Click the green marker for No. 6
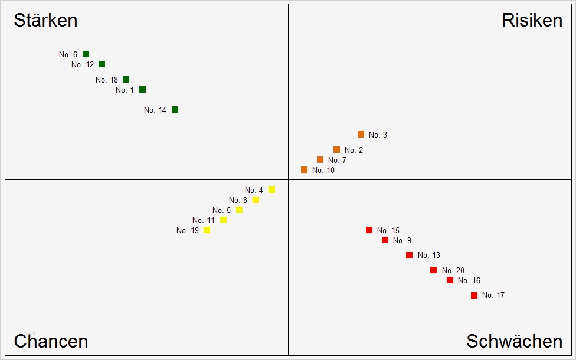click(x=86, y=54)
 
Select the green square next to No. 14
click(x=175, y=110)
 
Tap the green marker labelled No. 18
click(x=126, y=79)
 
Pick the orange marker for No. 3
click(x=361, y=135)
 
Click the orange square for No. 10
click(x=304, y=170)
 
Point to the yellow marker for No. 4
click(x=271, y=189)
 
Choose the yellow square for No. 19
click(x=207, y=230)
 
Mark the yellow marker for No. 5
click(x=239, y=210)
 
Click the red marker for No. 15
click(x=369, y=230)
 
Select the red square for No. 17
click(x=474, y=295)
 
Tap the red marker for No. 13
click(x=409, y=255)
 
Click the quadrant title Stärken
click(x=45, y=21)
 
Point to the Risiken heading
click(x=532, y=21)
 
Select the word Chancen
click(x=51, y=341)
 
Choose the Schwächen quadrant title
click(x=514, y=341)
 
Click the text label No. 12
click(x=83, y=65)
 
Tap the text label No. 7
click(x=337, y=161)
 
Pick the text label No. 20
click(x=453, y=271)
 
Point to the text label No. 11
click(x=204, y=221)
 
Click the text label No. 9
click(x=402, y=241)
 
